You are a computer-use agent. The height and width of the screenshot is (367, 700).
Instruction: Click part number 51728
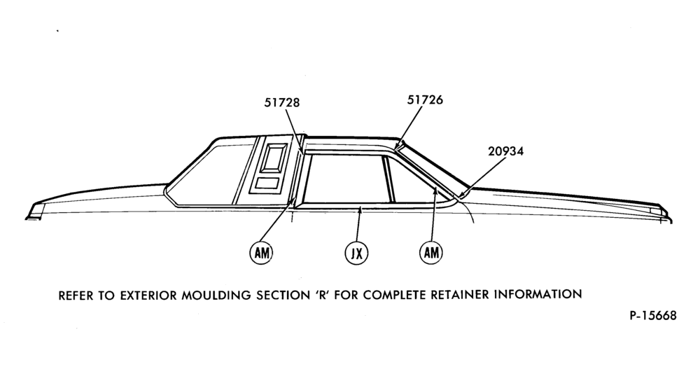pyautogui.click(x=281, y=102)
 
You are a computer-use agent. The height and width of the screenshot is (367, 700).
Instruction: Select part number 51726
pyautogui.click(x=425, y=99)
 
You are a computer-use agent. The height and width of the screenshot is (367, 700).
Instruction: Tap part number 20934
pyautogui.click(x=505, y=151)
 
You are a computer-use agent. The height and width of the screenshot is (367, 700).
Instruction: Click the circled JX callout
pyautogui.click(x=357, y=254)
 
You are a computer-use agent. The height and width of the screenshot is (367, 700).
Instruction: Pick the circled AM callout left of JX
pyautogui.click(x=260, y=253)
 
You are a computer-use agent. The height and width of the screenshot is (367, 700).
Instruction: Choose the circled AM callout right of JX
pyautogui.click(x=430, y=252)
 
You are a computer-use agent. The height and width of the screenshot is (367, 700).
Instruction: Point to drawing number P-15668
pyautogui.click(x=652, y=316)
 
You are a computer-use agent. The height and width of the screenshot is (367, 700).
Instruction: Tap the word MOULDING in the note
pyautogui.click(x=216, y=295)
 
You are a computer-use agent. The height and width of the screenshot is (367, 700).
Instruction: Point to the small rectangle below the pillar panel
pyautogui.click(x=267, y=183)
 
